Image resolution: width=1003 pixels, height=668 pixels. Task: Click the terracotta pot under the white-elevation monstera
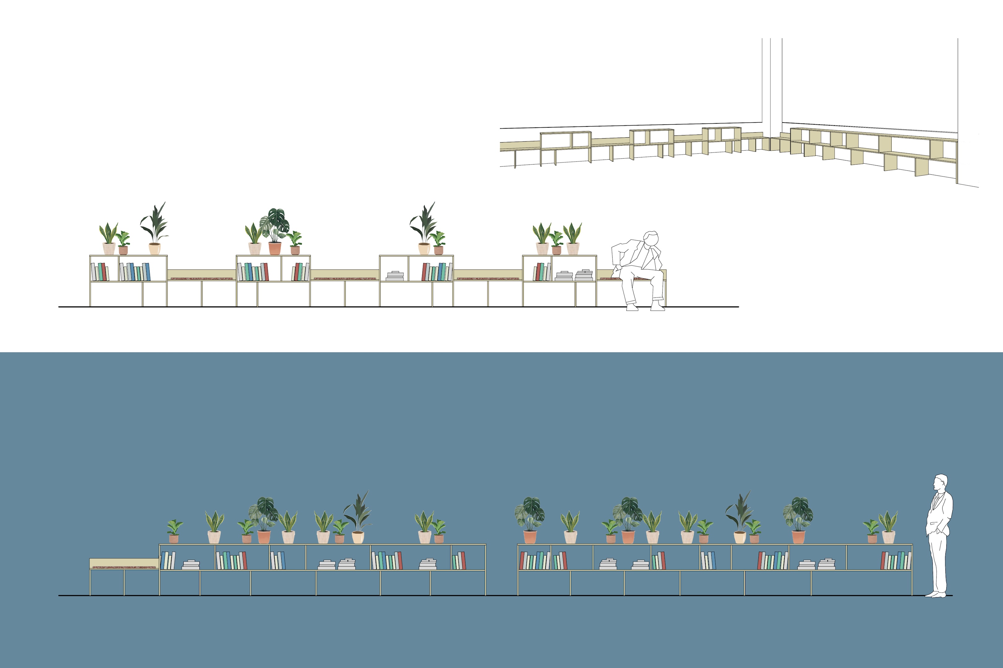275,248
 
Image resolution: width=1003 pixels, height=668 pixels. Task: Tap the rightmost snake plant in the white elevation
572,233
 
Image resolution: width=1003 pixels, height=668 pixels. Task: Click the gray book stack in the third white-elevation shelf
395,276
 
